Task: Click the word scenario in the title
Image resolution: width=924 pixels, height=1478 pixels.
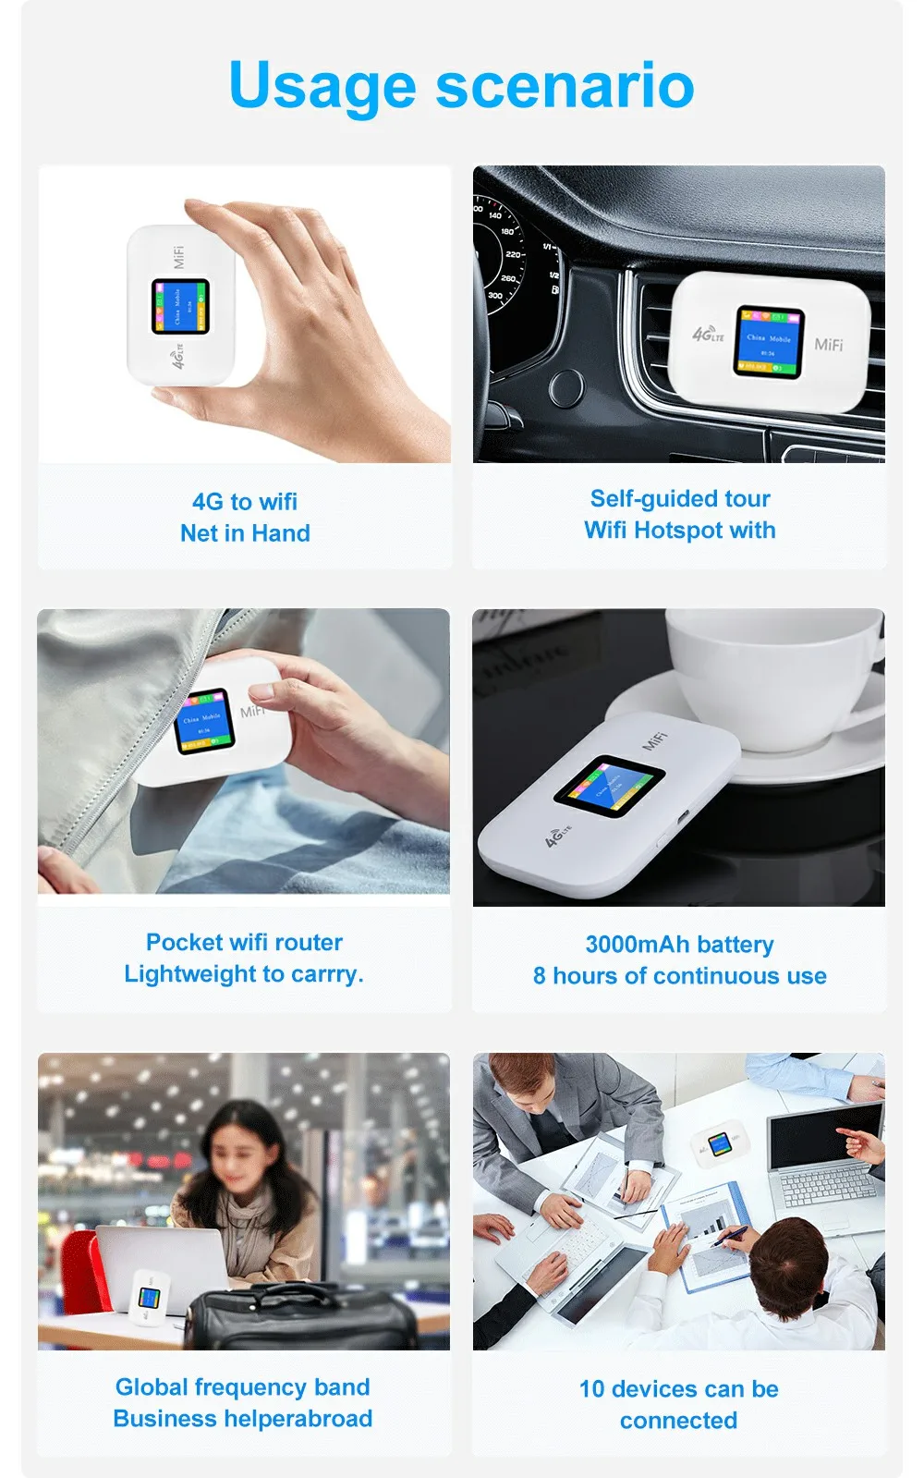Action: pos(565,85)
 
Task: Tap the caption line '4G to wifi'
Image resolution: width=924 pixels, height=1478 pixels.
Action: pos(245,502)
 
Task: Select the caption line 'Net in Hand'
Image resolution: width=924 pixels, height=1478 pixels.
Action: pos(245,533)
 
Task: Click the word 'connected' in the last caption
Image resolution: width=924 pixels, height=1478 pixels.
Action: pos(678,1421)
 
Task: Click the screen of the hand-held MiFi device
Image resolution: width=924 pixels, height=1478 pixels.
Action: pos(180,307)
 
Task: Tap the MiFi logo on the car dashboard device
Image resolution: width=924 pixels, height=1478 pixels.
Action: pos(828,345)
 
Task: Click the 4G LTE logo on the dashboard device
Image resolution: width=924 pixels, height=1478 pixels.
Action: pos(708,335)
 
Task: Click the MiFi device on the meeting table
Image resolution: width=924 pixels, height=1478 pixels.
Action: pos(720,1146)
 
